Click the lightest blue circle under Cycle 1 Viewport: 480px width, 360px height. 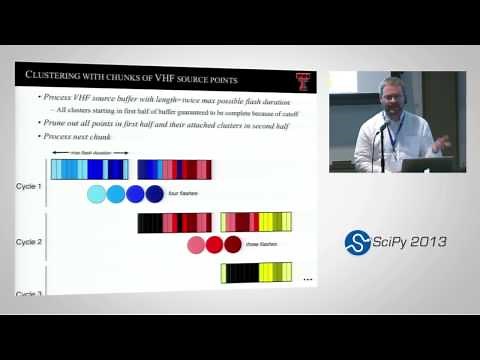(x=97, y=193)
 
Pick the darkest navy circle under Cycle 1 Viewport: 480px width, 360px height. (x=154, y=193)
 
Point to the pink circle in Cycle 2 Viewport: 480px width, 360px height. (x=197, y=244)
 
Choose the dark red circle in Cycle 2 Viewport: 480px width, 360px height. (x=233, y=244)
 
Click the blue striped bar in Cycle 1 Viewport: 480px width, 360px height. (x=89, y=168)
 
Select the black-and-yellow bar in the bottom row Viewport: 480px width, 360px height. (x=256, y=272)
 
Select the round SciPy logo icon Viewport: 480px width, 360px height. (x=358, y=242)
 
